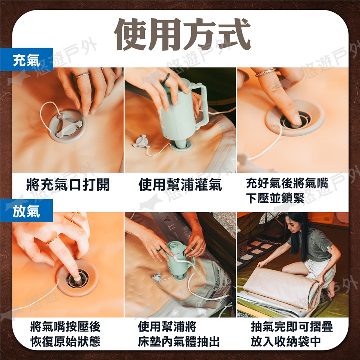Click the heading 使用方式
point(182,34)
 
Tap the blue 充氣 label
point(26,60)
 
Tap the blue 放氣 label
point(26,210)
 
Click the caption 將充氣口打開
point(68,184)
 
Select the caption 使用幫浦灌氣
point(180,184)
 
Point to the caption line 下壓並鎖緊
point(275,198)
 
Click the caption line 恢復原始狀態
point(65,341)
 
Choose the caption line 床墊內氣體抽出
point(178,341)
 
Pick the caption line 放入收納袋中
point(286,341)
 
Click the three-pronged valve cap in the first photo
point(68,126)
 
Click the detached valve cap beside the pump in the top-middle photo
point(140,141)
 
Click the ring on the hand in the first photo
point(82,75)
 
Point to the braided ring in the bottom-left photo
point(53,240)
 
